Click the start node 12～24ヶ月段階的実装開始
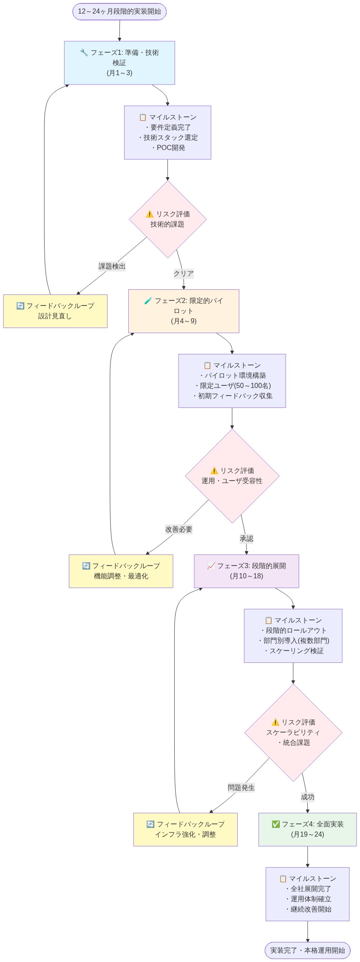coord(119,11)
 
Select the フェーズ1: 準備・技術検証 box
coord(119,62)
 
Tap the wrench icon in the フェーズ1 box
coord(84,53)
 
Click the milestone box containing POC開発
coord(167,133)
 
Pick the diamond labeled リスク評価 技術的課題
coord(167,219)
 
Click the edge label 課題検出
coord(112,266)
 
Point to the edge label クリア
coord(184,274)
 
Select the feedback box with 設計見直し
coord(55,311)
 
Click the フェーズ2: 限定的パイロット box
coord(184,311)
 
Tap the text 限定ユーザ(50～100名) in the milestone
coord(232,386)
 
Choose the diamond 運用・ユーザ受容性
coord(232,476)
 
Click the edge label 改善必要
coord(179,529)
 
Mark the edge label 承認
coord(247,539)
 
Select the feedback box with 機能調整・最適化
coord(121,571)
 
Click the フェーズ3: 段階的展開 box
coord(247,571)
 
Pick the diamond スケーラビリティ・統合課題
coord(293,733)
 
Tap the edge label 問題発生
coord(241,787)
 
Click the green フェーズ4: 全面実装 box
coord(307,829)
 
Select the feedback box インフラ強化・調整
coord(185,829)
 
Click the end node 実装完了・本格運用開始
coord(307,950)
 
